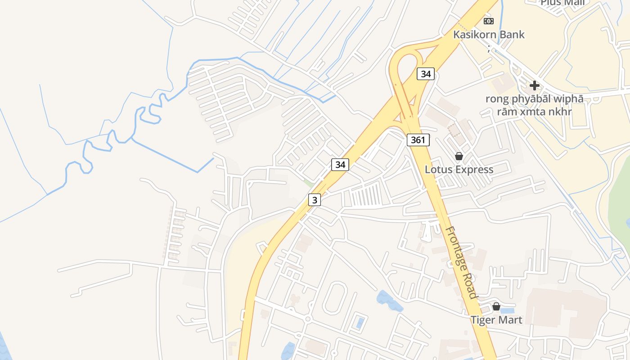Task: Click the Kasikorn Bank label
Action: coord(489,35)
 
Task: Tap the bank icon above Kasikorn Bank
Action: coord(489,21)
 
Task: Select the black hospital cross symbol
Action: coord(534,85)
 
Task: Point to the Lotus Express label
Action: coord(459,170)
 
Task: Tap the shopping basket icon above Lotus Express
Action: coord(459,156)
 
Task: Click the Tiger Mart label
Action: coord(496,320)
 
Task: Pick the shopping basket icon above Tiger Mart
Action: coord(496,306)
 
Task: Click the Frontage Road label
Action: coord(460,262)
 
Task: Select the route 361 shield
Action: coord(418,140)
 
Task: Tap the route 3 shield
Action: coord(315,200)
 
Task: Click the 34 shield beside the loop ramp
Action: coord(425,74)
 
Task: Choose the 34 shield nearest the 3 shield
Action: coord(340,165)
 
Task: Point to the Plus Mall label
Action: coord(562,3)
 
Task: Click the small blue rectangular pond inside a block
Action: coord(360,323)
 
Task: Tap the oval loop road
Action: coord(334,298)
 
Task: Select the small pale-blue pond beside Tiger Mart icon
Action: coord(507,310)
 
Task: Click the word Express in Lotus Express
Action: coord(475,170)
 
